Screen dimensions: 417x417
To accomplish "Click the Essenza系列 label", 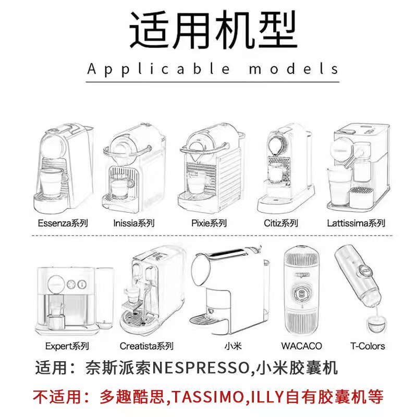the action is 63,223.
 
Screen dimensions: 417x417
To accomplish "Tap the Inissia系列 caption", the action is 134,223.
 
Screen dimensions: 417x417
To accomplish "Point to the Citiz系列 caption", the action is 281,223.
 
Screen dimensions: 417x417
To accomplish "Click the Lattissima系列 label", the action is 356,223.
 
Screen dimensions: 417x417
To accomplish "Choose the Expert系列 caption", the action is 67,346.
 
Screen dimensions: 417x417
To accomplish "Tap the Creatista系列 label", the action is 146,346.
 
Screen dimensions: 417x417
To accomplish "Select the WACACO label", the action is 301,346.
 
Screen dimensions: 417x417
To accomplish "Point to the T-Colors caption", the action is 367,346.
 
